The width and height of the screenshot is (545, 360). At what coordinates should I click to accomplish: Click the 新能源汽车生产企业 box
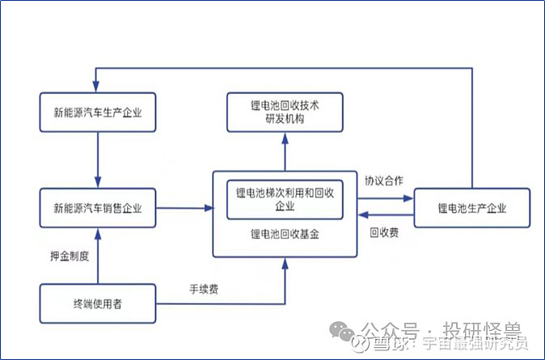[x=98, y=113]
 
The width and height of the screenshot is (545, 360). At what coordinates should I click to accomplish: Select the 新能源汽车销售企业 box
[x=98, y=209]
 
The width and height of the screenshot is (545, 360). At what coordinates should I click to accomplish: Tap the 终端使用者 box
[x=98, y=304]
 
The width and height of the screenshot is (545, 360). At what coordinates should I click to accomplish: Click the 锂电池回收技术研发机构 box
[x=285, y=112]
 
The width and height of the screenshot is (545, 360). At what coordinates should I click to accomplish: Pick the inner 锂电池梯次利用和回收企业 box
[x=285, y=199]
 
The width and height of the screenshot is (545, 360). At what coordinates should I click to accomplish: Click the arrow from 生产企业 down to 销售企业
[x=98, y=160]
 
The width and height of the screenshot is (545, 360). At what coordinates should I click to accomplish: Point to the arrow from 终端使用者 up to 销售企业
[x=98, y=256]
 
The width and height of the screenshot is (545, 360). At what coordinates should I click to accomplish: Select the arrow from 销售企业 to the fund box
[x=184, y=209]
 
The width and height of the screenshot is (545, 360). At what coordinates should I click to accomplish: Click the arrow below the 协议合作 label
[x=385, y=196]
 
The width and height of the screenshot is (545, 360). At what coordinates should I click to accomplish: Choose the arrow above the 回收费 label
[x=385, y=215]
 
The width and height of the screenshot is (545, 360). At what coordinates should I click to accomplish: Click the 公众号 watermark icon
[x=346, y=332]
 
